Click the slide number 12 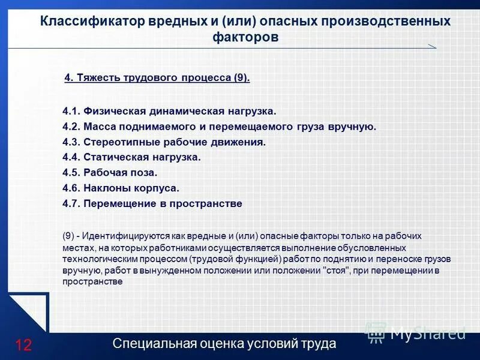(x=23, y=345)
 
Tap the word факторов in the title (x=245, y=37)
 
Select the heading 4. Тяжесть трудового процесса (x=157, y=78)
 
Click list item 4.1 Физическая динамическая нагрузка (x=170, y=111)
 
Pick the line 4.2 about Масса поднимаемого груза (x=219, y=127)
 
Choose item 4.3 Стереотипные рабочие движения (x=164, y=142)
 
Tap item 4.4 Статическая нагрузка (x=131, y=157)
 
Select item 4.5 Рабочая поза (x=110, y=173)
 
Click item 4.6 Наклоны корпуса (x=121, y=188)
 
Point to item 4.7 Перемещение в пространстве (x=152, y=203)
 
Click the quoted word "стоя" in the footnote (x=335, y=271)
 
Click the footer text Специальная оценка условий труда (x=224, y=344)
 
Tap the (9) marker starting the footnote (x=68, y=236)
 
